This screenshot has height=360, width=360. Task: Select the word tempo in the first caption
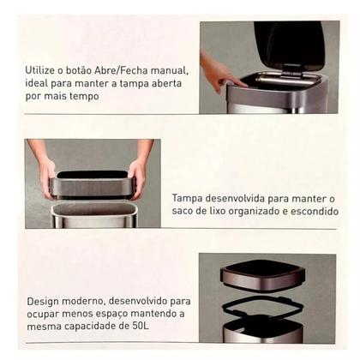click(x=85, y=97)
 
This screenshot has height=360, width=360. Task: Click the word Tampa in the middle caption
click(x=187, y=198)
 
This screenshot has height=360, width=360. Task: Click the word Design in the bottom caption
click(x=43, y=302)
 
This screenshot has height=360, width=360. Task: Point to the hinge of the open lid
click(x=292, y=71)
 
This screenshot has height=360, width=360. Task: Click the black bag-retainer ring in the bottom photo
click(x=263, y=307)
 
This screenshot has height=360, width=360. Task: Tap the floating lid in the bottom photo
click(x=262, y=274)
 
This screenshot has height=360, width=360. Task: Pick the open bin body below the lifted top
click(x=94, y=215)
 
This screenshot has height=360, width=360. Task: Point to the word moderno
click(x=82, y=302)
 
